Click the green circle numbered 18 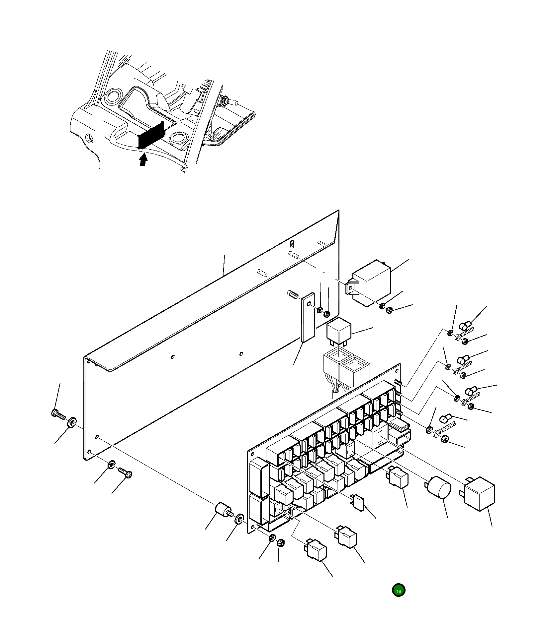click(x=398, y=590)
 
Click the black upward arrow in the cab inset click(x=143, y=159)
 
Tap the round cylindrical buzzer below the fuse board click(x=439, y=488)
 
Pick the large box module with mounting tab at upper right click(x=371, y=283)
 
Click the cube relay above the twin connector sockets click(x=338, y=330)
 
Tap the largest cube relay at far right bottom click(x=480, y=494)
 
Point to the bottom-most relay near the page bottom click(x=316, y=550)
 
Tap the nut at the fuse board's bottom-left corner click(x=280, y=543)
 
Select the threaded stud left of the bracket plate click(x=293, y=294)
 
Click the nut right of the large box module click(x=389, y=310)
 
